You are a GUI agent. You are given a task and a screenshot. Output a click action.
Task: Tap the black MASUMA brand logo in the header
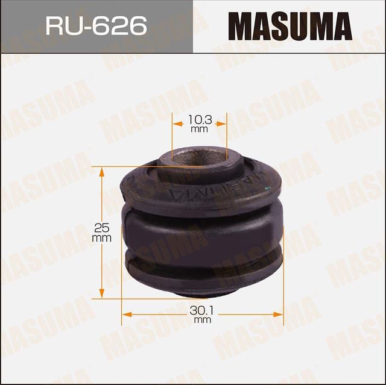(x=289, y=27)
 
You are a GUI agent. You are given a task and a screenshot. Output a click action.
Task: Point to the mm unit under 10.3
(x=199, y=130)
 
